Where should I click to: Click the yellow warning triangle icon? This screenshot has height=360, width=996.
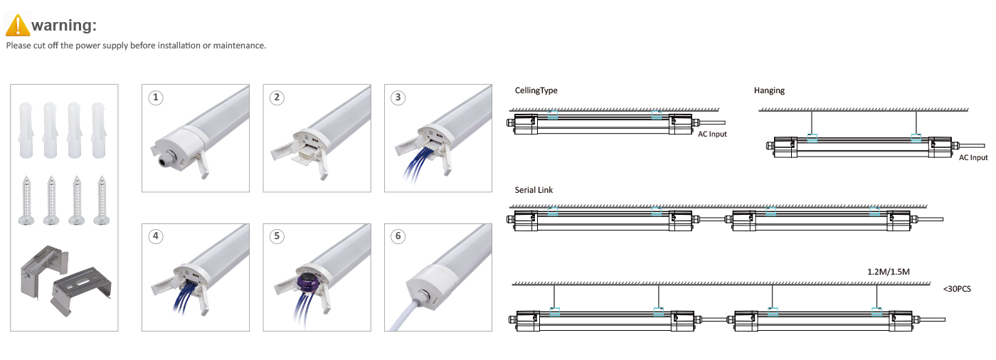click(x=18, y=26)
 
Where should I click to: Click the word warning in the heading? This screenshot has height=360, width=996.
click(x=63, y=26)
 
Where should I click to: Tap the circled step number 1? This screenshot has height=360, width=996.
click(x=156, y=97)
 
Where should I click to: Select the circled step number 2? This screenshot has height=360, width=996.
click(x=277, y=97)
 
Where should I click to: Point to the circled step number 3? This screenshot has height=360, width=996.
click(x=398, y=97)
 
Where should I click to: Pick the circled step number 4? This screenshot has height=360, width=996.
click(x=156, y=236)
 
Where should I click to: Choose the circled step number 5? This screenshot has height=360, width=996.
click(x=277, y=236)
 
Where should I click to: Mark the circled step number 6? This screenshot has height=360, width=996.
click(x=398, y=236)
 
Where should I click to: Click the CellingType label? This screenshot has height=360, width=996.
click(x=536, y=90)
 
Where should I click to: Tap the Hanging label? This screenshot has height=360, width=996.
click(x=769, y=90)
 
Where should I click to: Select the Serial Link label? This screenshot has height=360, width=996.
click(x=534, y=190)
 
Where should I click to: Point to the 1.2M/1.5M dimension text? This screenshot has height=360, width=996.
click(x=889, y=272)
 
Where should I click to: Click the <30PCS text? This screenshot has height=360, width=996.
click(x=957, y=289)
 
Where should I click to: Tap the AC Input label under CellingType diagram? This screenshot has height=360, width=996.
click(x=712, y=134)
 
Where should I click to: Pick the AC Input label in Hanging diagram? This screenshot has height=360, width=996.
click(x=973, y=157)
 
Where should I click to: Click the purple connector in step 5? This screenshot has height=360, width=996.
click(x=307, y=282)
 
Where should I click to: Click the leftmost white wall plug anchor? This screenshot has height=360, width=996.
click(x=26, y=130)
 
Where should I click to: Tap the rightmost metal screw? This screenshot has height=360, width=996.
click(x=102, y=201)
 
